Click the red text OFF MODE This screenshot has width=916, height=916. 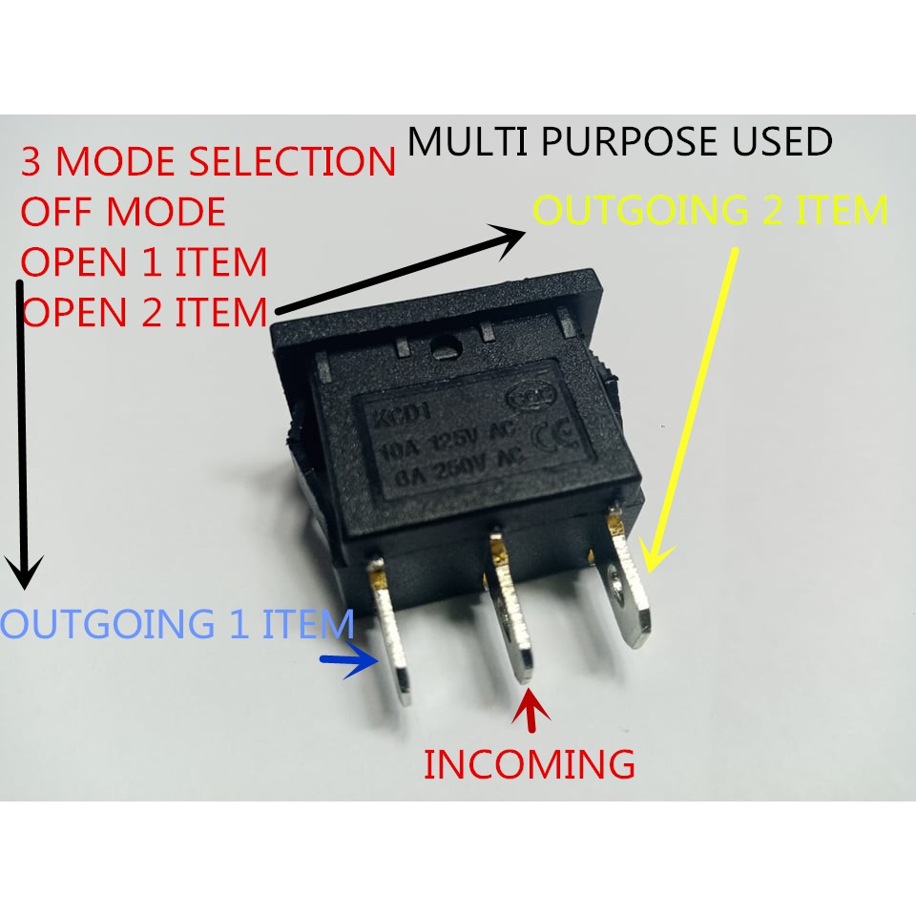coord(123,212)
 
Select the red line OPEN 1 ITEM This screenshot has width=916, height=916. coord(144,262)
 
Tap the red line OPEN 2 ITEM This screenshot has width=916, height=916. coord(144,311)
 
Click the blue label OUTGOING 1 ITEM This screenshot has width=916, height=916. coord(177,624)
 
